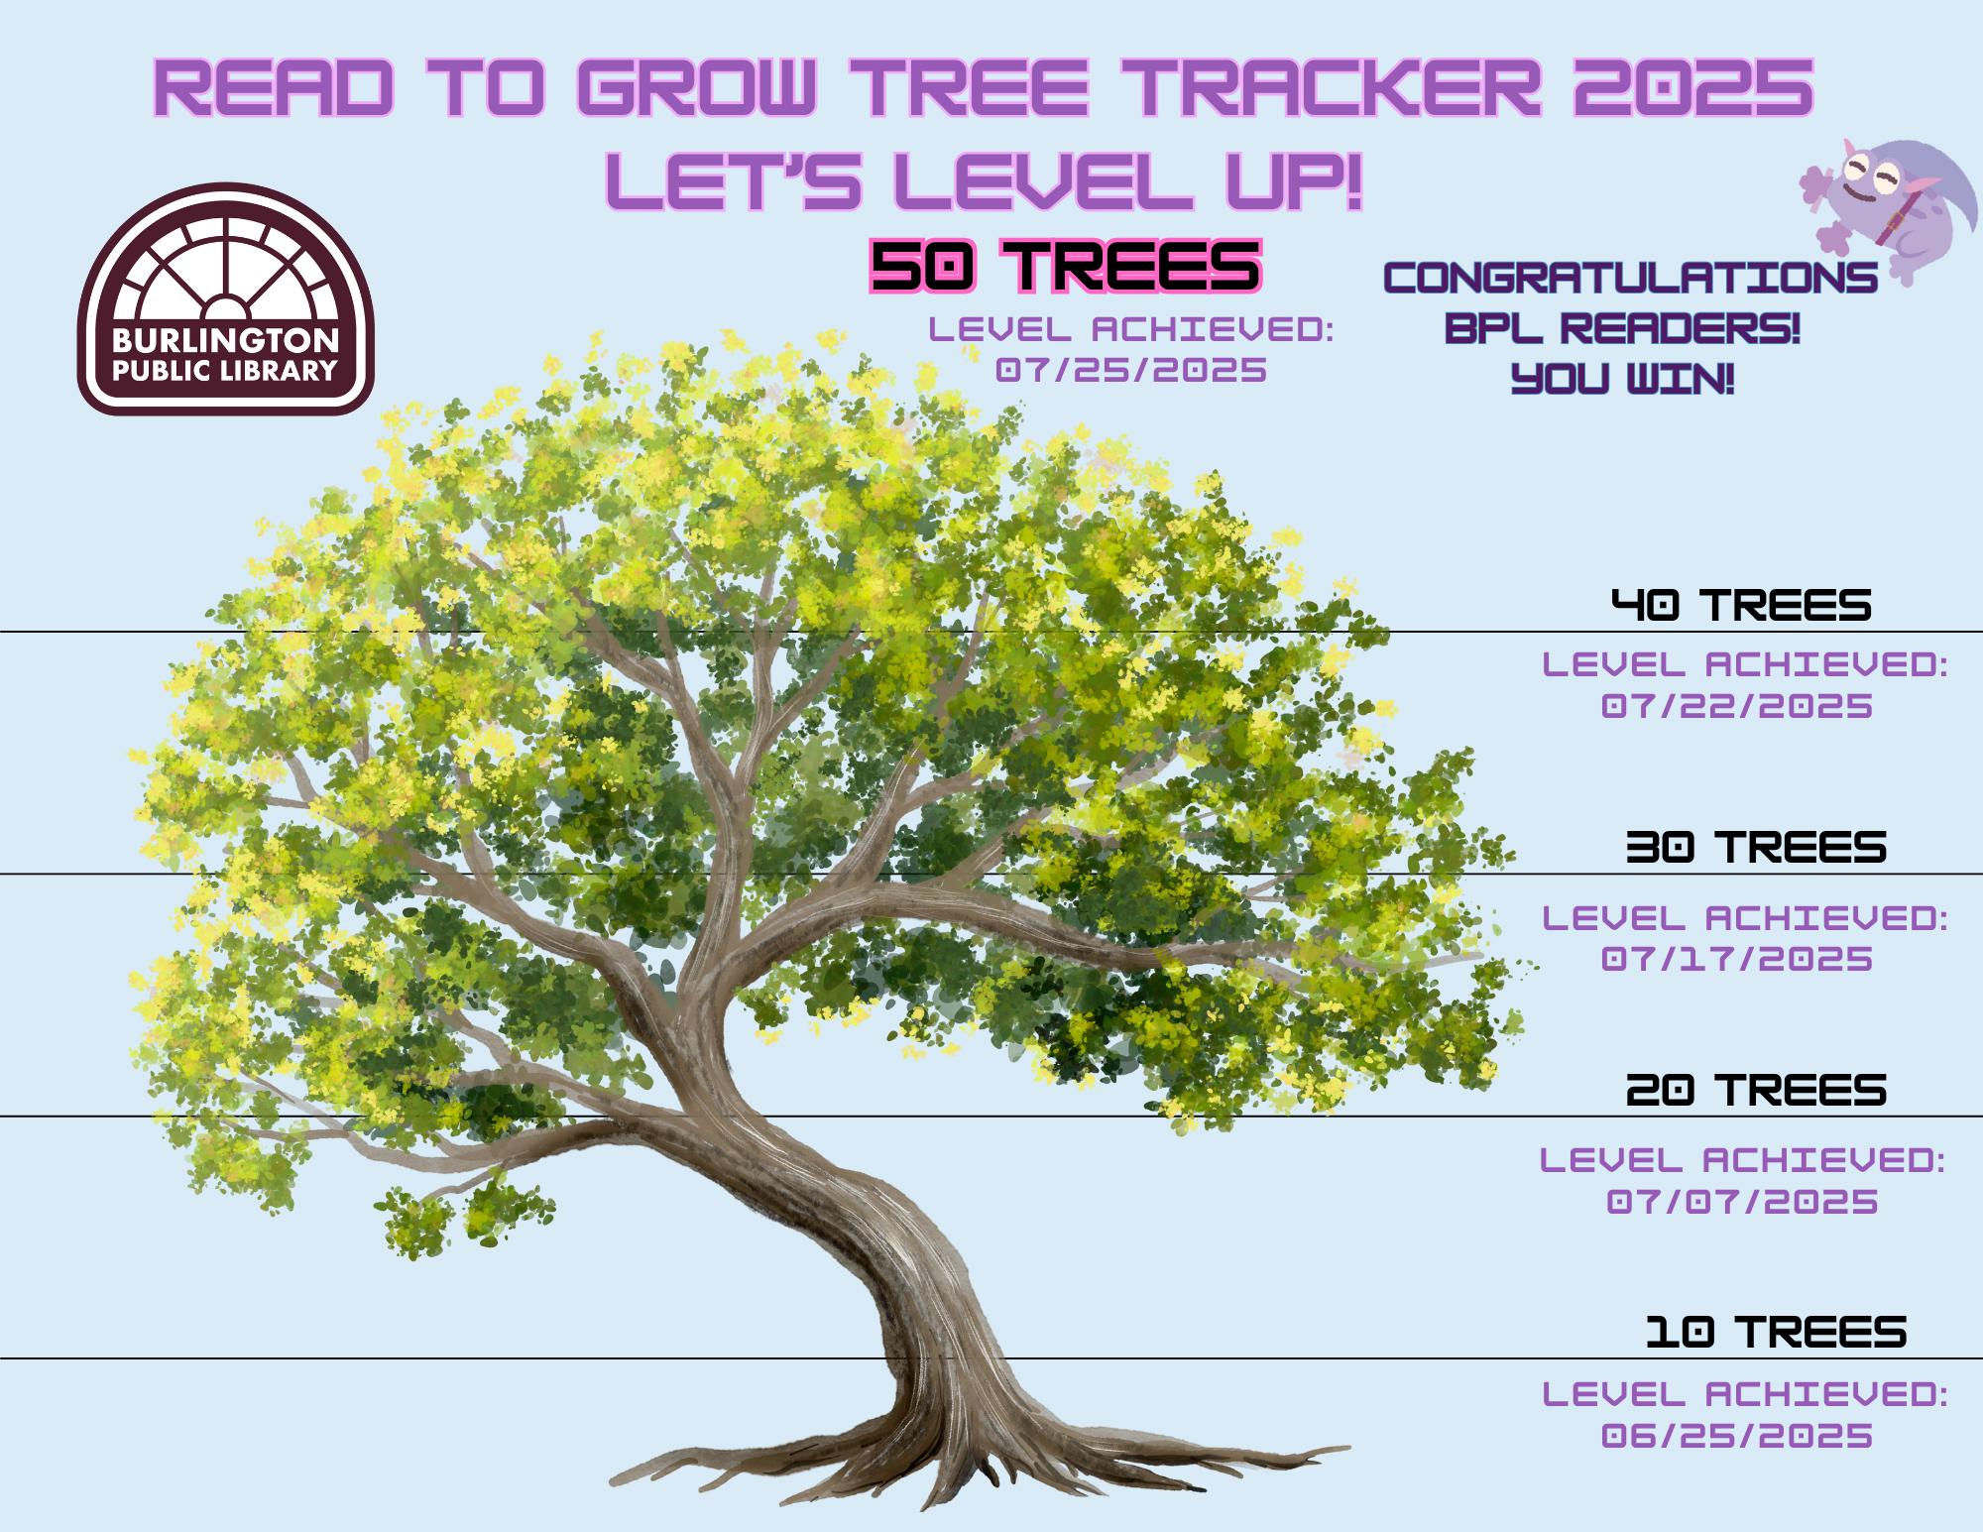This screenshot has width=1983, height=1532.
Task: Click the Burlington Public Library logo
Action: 226,298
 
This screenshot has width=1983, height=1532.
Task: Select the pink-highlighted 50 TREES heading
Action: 1066,267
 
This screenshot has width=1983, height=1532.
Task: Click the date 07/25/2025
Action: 1131,371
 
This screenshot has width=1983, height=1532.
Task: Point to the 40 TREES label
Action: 1741,605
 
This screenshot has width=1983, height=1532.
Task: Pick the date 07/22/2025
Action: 1737,706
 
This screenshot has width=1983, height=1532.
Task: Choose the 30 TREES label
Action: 1756,847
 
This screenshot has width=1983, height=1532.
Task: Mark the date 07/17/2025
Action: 1737,959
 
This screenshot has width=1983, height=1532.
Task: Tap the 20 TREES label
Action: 1756,1090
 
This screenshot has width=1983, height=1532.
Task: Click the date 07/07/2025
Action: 1742,1202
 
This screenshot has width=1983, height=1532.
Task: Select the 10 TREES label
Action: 1776,1332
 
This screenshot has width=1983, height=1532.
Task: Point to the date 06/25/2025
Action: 1737,1436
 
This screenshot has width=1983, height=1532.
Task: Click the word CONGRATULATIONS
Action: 1630,278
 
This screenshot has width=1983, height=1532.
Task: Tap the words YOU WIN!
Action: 1622,378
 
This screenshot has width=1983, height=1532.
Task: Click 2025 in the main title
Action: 1693,87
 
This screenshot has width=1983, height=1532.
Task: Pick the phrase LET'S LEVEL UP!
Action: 985,181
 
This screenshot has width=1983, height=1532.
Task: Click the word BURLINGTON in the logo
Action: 226,340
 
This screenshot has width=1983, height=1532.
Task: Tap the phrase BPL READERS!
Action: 1622,328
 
